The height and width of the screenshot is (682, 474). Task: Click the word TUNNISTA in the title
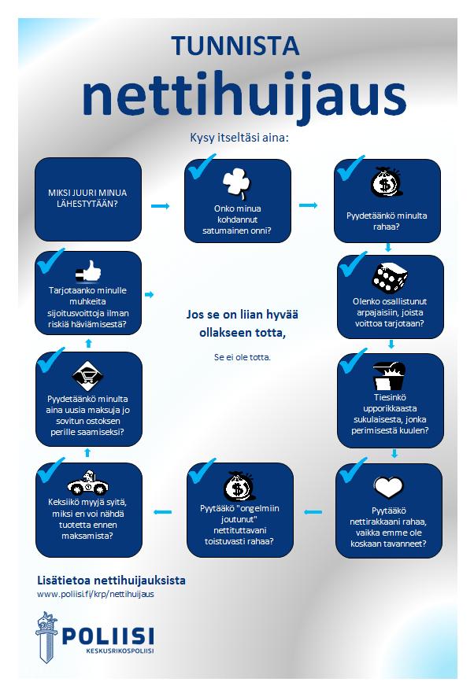[x=235, y=46]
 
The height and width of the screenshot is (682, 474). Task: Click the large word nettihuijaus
[x=244, y=98]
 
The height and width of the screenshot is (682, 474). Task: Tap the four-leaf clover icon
[x=237, y=182]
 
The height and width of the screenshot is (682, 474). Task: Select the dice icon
[x=390, y=277]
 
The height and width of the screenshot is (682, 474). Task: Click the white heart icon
[x=389, y=487]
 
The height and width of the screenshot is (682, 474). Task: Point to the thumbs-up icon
[x=88, y=271]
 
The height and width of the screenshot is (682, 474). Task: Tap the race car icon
[x=88, y=483]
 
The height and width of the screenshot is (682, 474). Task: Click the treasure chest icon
[x=389, y=375]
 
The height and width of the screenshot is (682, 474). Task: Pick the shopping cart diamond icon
[x=87, y=376]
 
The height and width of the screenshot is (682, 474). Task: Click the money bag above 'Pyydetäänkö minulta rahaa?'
[x=386, y=182]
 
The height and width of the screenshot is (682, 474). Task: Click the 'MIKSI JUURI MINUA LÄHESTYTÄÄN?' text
[x=87, y=198]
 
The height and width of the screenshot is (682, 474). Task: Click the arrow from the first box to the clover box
[x=160, y=206]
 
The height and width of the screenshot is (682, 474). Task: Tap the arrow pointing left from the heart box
[x=313, y=512]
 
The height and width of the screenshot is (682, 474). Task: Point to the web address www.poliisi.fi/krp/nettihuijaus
[x=95, y=594]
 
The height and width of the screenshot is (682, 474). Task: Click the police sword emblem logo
[x=46, y=636]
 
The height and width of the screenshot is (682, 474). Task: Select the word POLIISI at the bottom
[x=108, y=636]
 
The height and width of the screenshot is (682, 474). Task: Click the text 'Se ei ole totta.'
[x=243, y=357]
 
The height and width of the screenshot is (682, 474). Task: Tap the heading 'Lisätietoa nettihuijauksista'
[x=112, y=581]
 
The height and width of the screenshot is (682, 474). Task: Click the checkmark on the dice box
[x=353, y=264]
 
